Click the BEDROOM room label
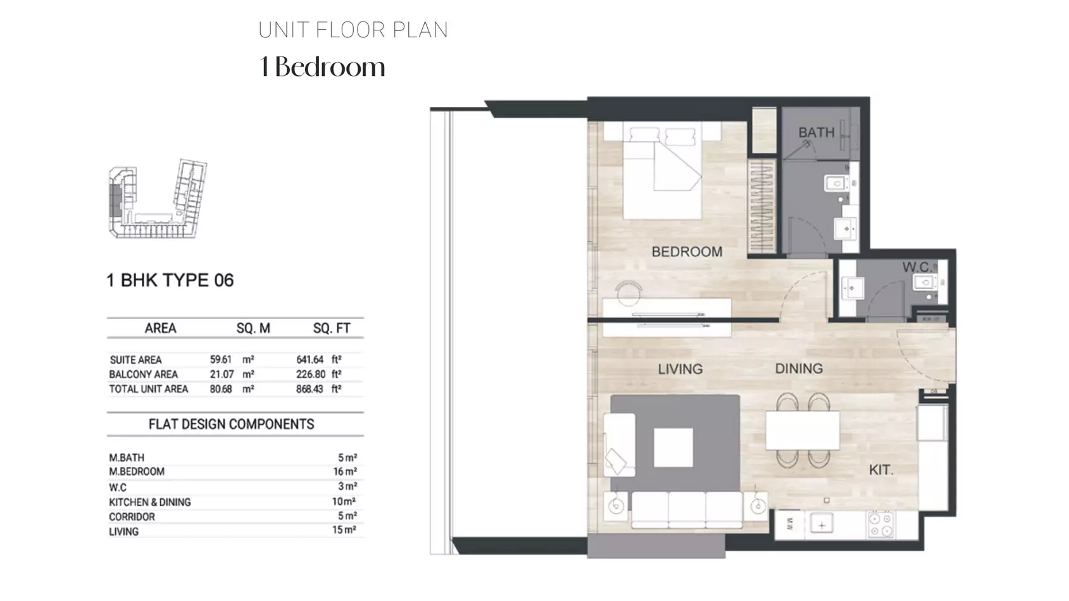point(687,251)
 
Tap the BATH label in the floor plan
point(816,132)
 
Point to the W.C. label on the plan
point(916,266)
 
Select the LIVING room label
point(680,369)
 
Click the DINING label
point(799,368)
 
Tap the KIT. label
point(881,470)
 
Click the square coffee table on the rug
point(673,447)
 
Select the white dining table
point(803,431)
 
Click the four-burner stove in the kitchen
point(881,524)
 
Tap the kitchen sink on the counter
point(822,525)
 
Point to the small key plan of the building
point(158,199)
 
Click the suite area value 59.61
point(220,359)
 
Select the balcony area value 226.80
point(311,375)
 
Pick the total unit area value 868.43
point(309,389)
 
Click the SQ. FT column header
point(332,328)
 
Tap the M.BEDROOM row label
point(137,472)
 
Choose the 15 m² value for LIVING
point(344,530)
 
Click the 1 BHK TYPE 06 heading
point(170,280)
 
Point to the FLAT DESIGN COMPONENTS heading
point(232,424)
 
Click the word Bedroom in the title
point(330,67)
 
